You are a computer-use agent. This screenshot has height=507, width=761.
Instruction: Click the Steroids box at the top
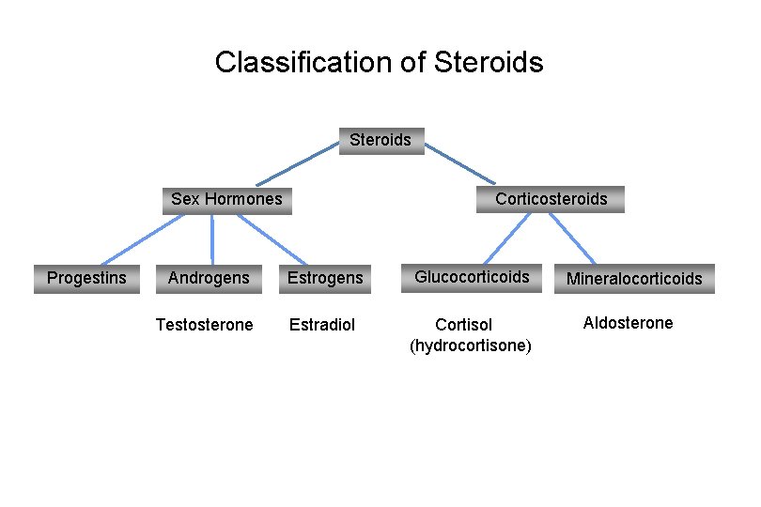coord(380,141)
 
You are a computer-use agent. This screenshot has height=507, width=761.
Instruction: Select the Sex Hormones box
coord(226,199)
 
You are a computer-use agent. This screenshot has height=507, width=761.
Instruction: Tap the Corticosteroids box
coord(551,199)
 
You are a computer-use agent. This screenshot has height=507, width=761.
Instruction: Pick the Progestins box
coord(86,278)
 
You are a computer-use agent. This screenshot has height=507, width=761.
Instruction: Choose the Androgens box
coord(209,278)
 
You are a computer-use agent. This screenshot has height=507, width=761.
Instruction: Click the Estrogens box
coord(324,278)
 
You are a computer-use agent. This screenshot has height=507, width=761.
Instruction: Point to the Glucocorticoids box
coord(472,277)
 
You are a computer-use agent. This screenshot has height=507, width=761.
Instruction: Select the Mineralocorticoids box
coord(633,279)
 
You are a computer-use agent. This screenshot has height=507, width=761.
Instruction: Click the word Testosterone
coord(204,325)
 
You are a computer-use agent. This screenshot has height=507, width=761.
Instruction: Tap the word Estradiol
coord(322,325)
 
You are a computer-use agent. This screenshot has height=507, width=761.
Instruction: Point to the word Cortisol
coord(463,325)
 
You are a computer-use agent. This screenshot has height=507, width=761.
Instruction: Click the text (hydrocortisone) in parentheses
coord(471,346)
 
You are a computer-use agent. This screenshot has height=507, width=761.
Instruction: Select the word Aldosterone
coord(628,323)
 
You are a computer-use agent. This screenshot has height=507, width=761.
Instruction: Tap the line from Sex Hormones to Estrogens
coord(271,239)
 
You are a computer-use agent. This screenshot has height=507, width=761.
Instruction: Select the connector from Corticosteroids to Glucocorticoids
coord(507,238)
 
